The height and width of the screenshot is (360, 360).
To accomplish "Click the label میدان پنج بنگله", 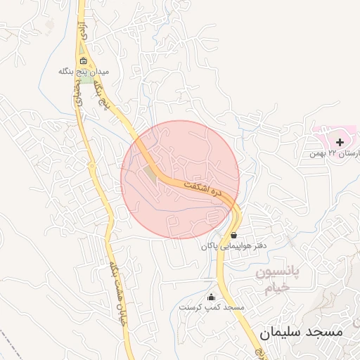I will [x=84, y=72].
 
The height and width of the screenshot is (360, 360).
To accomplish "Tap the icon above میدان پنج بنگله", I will [x=83, y=60].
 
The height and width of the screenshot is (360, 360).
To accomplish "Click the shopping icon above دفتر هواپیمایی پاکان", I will [x=233, y=235].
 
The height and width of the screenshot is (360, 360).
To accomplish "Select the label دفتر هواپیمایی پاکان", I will [x=224, y=246].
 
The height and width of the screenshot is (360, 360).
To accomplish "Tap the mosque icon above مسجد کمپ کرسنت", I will [x=211, y=297].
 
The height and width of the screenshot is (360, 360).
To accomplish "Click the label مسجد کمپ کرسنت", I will [x=211, y=308].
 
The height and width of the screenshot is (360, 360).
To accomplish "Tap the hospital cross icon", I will [x=340, y=142].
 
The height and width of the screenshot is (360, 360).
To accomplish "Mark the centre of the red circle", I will [x=180, y=179].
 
